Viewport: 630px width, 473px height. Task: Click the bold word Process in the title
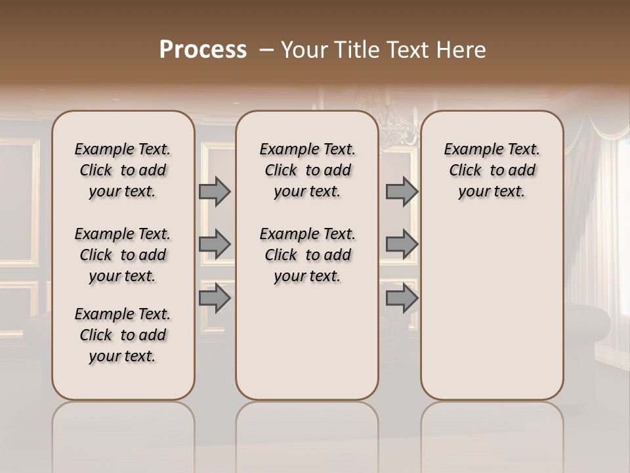(203, 50)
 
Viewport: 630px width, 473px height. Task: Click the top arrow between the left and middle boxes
(215, 191)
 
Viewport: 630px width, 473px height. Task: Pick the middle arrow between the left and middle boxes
(215, 244)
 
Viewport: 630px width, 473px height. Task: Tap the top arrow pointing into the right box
(402, 191)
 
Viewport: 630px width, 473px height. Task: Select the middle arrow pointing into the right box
(402, 244)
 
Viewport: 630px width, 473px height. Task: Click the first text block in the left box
(123, 170)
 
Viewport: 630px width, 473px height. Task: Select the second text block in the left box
(123, 255)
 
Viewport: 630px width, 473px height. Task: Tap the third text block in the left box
(123, 335)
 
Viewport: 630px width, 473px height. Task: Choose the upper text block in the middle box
(307, 170)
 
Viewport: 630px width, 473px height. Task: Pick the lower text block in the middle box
(307, 255)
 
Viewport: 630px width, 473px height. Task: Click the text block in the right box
(492, 170)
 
